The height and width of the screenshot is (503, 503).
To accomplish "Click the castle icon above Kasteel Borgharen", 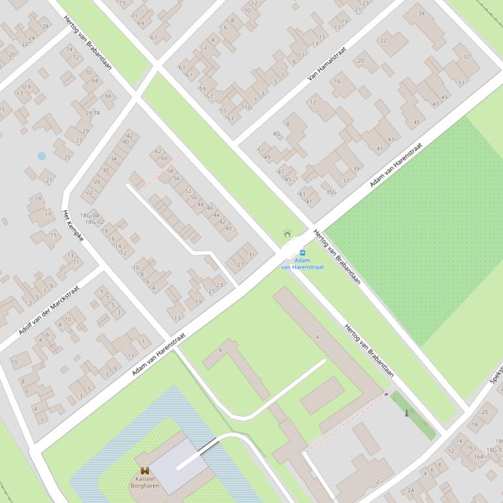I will (x=144, y=470).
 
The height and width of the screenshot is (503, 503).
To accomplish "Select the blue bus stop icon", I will (x=302, y=252).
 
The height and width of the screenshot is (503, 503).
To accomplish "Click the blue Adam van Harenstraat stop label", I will (x=302, y=264).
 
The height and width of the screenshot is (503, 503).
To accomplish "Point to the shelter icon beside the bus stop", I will (x=287, y=234).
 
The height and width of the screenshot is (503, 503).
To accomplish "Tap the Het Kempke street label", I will (x=73, y=226).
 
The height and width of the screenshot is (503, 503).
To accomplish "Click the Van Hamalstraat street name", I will (x=327, y=63).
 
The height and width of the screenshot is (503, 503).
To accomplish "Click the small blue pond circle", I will (x=42, y=156).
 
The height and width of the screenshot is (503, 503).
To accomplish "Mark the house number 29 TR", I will (x=92, y=113).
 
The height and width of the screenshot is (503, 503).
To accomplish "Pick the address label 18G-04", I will (x=89, y=215).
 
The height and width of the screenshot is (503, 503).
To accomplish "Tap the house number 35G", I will (x=331, y=191).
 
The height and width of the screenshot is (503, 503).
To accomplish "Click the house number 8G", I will (x=277, y=134).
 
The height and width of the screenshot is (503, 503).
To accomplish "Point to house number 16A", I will (x=479, y=457).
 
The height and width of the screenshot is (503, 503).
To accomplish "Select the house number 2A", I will (x=411, y=490).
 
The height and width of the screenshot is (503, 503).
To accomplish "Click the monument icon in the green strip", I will (x=407, y=413).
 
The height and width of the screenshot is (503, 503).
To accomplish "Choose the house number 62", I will (x=158, y=151).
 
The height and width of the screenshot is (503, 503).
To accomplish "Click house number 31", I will (x=252, y=254).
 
